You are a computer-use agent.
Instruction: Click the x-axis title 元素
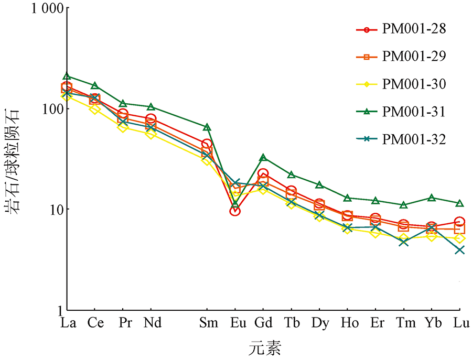point(265,347)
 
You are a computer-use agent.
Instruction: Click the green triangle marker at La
point(67,77)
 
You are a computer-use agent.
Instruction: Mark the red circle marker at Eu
point(235,211)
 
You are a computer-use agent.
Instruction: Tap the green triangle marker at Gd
point(263,157)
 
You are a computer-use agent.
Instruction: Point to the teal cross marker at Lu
point(460,249)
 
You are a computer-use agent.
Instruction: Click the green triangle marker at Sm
point(207,127)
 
